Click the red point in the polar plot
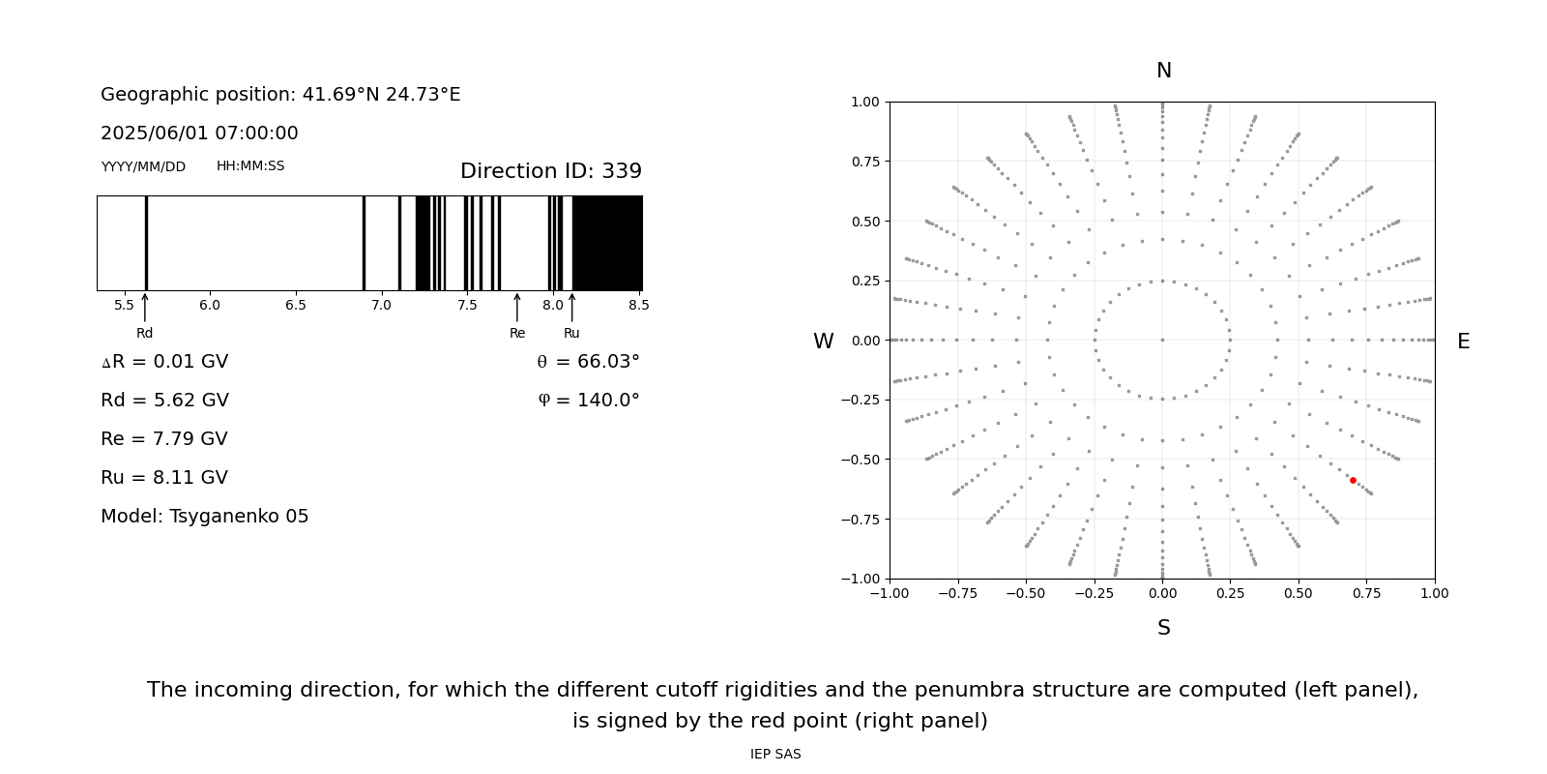(x=1353, y=480)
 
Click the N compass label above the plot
(x=1164, y=71)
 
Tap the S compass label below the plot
(x=1164, y=628)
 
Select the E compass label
(x=1463, y=342)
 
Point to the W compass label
(x=823, y=342)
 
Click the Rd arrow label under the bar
(x=145, y=334)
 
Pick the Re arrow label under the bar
(x=517, y=334)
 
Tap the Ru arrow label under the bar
(x=571, y=334)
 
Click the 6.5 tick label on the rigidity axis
(x=296, y=306)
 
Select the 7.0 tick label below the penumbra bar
(x=381, y=306)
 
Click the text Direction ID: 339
(x=551, y=171)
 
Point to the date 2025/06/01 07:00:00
(x=199, y=134)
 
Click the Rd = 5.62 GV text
(x=164, y=401)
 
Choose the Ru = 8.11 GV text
(x=164, y=478)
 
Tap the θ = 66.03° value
(x=588, y=362)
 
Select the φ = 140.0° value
(x=589, y=401)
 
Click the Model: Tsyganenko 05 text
(x=205, y=517)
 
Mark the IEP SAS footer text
(x=775, y=755)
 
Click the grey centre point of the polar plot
(x=1162, y=340)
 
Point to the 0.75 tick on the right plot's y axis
(x=864, y=162)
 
